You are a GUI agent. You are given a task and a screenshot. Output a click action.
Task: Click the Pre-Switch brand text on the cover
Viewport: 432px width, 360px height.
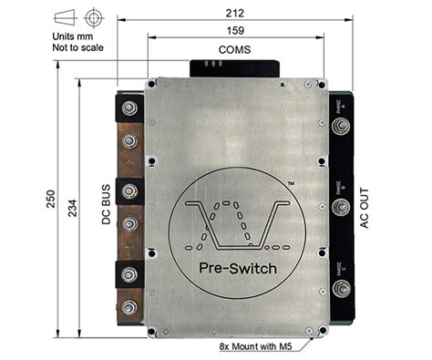pyautogui.click(x=231, y=267)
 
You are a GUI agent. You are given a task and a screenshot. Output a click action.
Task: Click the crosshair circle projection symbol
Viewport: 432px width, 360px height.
pyautogui.click(x=92, y=17)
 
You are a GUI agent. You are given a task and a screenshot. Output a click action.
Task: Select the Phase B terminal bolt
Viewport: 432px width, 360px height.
pyautogui.click(x=342, y=208)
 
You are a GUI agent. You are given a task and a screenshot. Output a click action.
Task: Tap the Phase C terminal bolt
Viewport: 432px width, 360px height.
pyautogui.click(x=342, y=291)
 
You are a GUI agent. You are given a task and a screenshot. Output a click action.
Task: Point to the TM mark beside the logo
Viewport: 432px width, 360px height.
pyautogui.click(x=291, y=183)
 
